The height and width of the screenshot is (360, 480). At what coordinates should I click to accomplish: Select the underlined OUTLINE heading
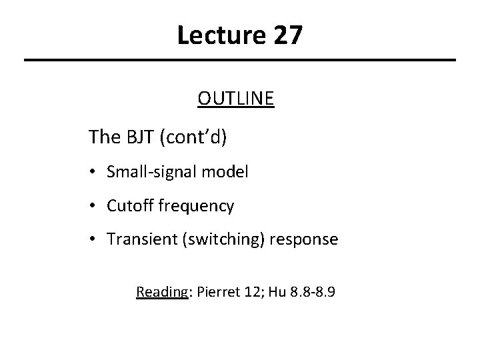click(x=235, y=99)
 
